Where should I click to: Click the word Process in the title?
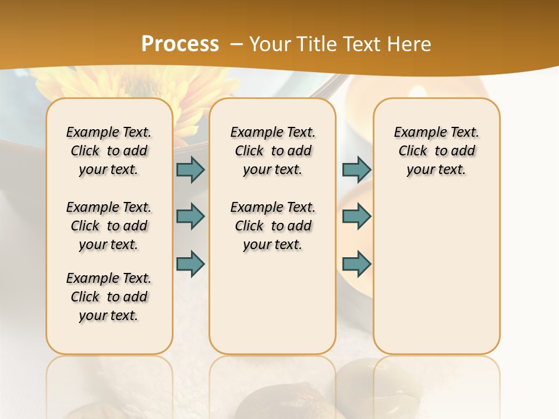tap(180, 44)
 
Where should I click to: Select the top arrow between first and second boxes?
tap(190, 169)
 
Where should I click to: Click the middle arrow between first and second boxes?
tap(190, 216)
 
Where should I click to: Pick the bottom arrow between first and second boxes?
tap(190, 263)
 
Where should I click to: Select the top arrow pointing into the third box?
tap(356, 169)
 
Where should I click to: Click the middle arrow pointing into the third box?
tap(356, 216)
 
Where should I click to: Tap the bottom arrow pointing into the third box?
tap(356, 263)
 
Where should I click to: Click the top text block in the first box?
tap(109, 151)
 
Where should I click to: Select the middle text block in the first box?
tap(109, 226)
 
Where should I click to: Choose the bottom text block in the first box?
tap(109, 297)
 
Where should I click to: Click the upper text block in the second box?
tap(273, 151)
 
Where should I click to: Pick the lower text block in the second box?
tap(273, 226)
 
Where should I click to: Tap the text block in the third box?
tap(436, 151)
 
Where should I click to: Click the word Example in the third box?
tap(415, 132)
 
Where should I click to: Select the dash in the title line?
tap(236, 44)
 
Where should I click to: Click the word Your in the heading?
tap(268, 44)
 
